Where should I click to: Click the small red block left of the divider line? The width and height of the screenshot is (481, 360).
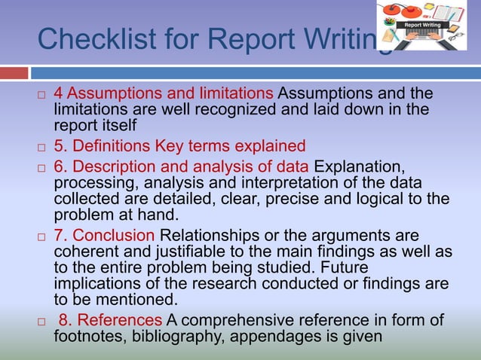coord(14,73)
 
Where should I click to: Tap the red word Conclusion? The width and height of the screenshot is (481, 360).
coord(114,234)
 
